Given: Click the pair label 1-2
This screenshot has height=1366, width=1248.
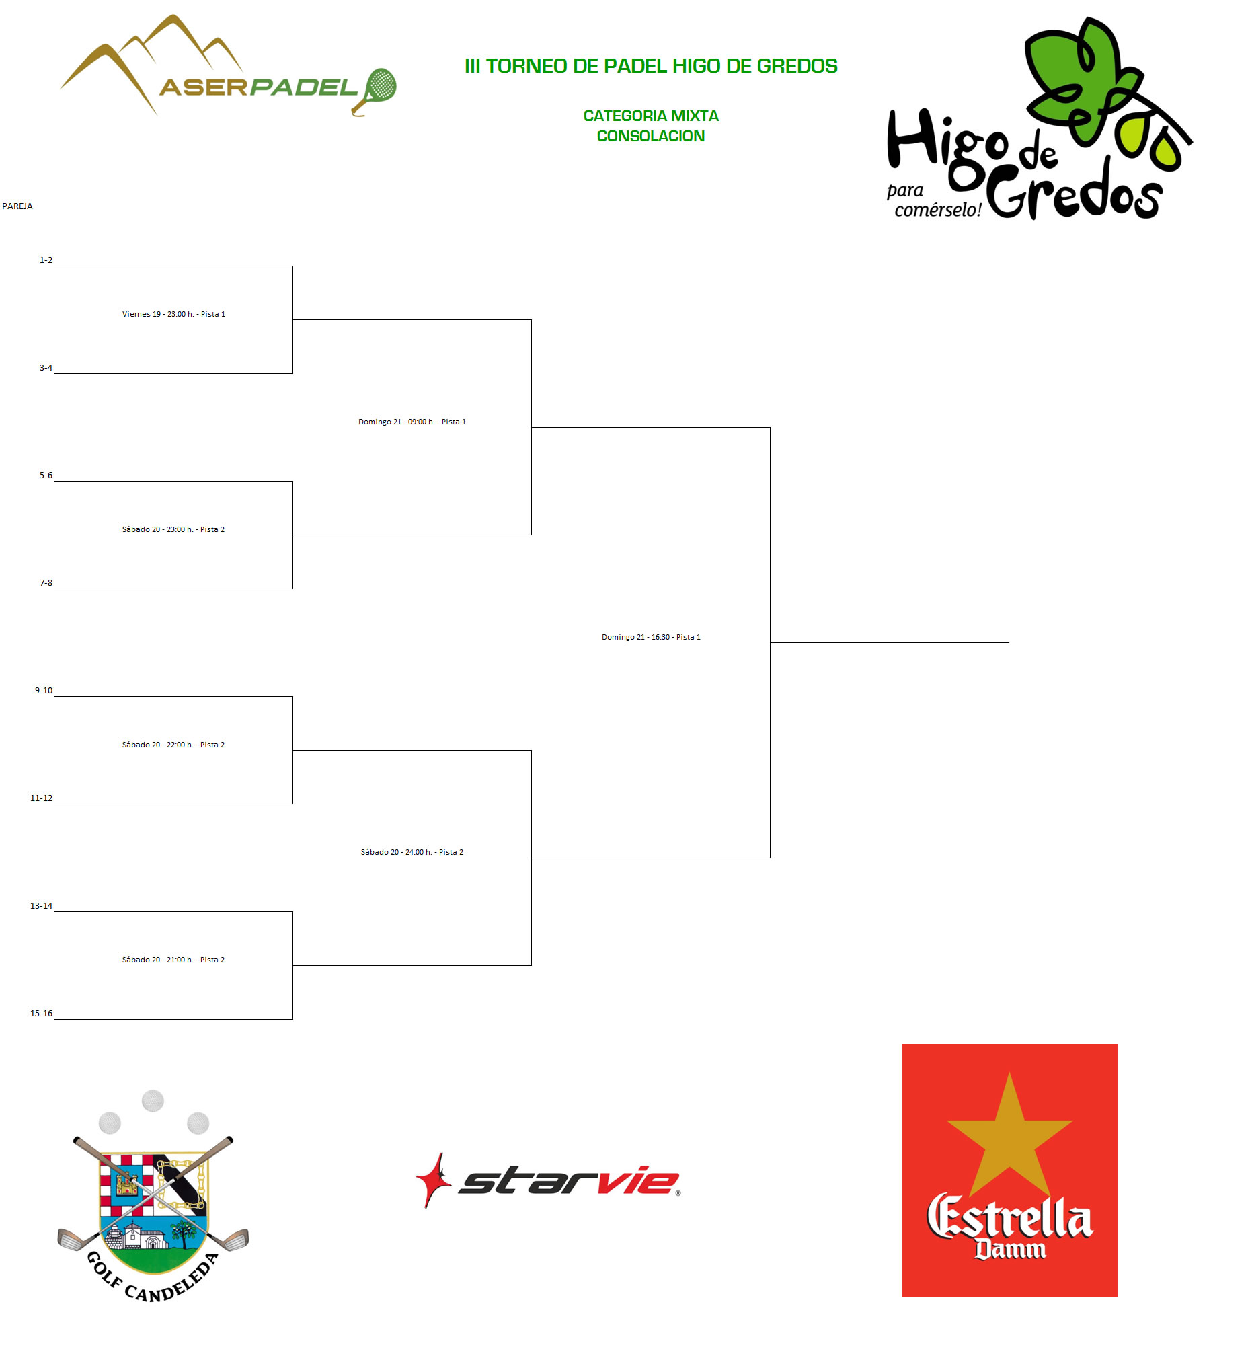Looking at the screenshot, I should (46, 260).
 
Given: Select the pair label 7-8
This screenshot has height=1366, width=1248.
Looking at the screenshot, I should (46, 583).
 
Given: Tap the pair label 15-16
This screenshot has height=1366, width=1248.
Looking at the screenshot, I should (41, 1014).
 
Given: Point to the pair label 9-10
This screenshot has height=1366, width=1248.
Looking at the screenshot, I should (43, 691).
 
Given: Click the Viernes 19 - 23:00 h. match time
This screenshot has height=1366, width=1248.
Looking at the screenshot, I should (173, 314).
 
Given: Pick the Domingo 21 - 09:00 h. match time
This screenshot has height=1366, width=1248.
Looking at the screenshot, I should (412, 422).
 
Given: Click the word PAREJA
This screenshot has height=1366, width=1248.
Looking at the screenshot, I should (17, 206).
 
